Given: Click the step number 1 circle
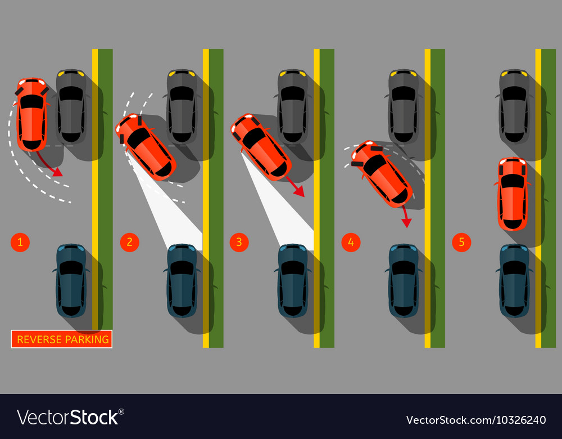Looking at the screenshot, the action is coord(20,242).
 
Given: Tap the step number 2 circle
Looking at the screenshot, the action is coord(130,242).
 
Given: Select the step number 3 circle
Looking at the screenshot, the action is coord(239,242).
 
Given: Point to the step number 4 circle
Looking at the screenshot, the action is coord(351,242).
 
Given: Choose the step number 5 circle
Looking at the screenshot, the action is coord(461,242).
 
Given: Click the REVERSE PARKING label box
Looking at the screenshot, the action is coord(62,339).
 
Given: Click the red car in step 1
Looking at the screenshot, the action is coord(31,114).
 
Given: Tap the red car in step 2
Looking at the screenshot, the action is coord(146,147).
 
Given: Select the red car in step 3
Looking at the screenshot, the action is coord(261,147).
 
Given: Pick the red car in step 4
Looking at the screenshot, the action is coord(382,174).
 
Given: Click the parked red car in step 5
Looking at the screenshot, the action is coord(513,194).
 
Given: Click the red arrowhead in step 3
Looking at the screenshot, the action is coord(300,192).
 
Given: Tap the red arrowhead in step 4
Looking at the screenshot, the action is coord(406,223).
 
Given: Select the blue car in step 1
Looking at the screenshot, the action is coord(71,281).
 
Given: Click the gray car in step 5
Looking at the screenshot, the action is coord(514,106).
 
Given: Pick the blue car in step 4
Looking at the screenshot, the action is coord(404,281).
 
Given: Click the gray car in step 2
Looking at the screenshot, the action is coord(182,106).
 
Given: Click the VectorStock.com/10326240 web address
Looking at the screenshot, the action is coord(476,420).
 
